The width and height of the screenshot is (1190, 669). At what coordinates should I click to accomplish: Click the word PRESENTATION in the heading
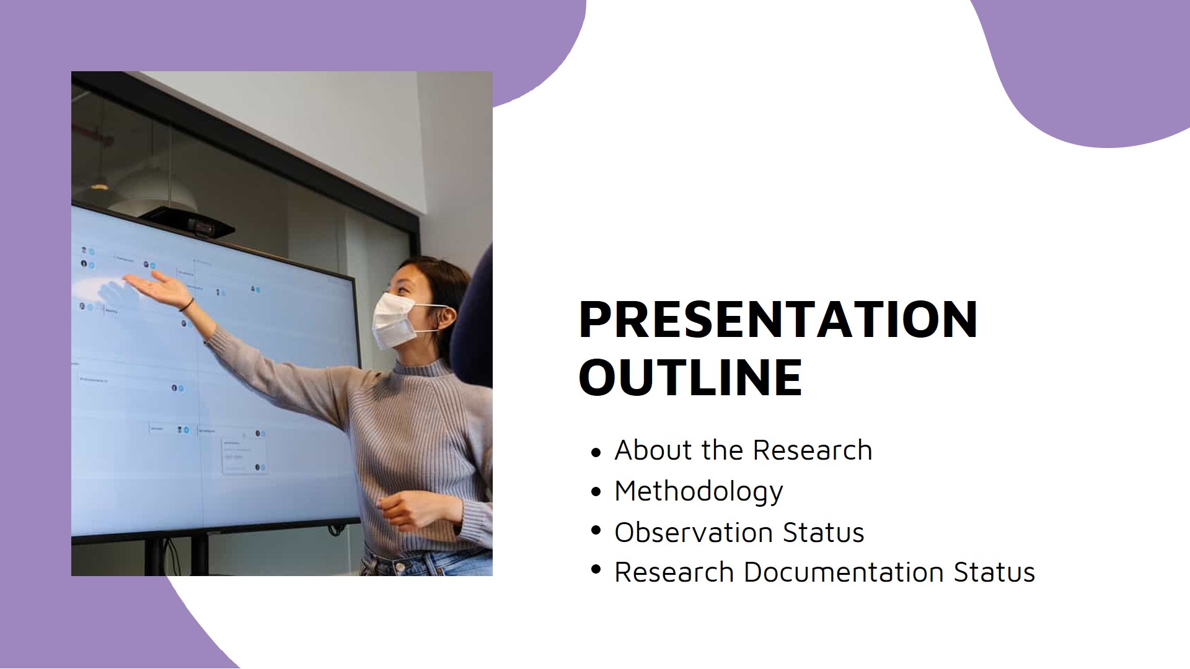(x=777, y=320)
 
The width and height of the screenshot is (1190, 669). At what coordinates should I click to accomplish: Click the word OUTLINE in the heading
(x=690, y=377)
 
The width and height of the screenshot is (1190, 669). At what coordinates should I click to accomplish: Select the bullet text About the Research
(x=743, y=450)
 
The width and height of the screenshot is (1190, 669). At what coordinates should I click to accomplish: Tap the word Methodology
(x=699, y=491)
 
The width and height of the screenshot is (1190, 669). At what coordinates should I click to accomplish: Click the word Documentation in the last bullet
(x=844, y=572)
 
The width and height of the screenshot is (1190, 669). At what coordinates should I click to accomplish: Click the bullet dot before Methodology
(x=596, y=492)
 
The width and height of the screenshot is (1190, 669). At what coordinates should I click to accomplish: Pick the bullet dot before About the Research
(x=596, y=452)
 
